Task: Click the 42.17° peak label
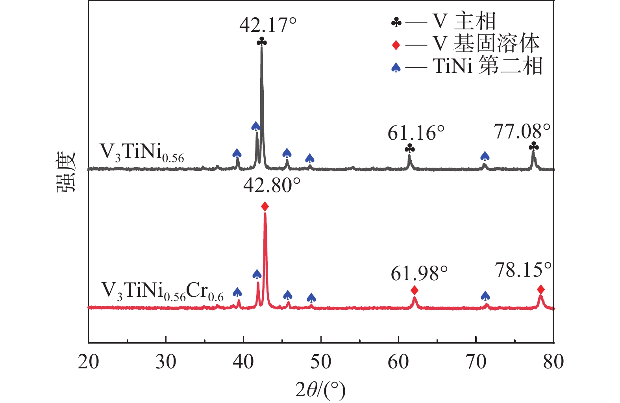(268, 25)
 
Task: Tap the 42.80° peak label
(272, 185)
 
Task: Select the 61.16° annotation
(416, 133)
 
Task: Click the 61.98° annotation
(419, 273)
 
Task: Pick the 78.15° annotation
(523, 270)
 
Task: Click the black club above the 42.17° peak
(262, 42)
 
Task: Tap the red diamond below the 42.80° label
(265, 207)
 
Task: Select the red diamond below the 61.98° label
(415, 290)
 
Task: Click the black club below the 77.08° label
(534, 147)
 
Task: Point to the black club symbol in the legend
(396, 23)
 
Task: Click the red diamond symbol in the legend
(396, 45)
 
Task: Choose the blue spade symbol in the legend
(396, 68)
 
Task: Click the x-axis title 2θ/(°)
(320, 390)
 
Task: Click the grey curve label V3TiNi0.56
(142, 152)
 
